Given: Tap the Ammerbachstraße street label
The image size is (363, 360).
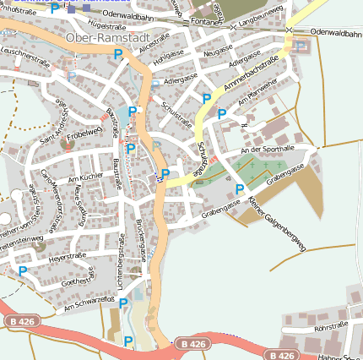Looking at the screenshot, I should pyautogui.click(x=252, y=75).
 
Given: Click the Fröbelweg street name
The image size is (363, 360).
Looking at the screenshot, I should pyautogui.click(x=84, y=132).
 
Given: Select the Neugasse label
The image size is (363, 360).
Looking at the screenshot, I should pyautogui.click(x=218, y=52).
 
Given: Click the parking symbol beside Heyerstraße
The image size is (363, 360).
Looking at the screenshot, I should pyautogui.click(x=22, y=271).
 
